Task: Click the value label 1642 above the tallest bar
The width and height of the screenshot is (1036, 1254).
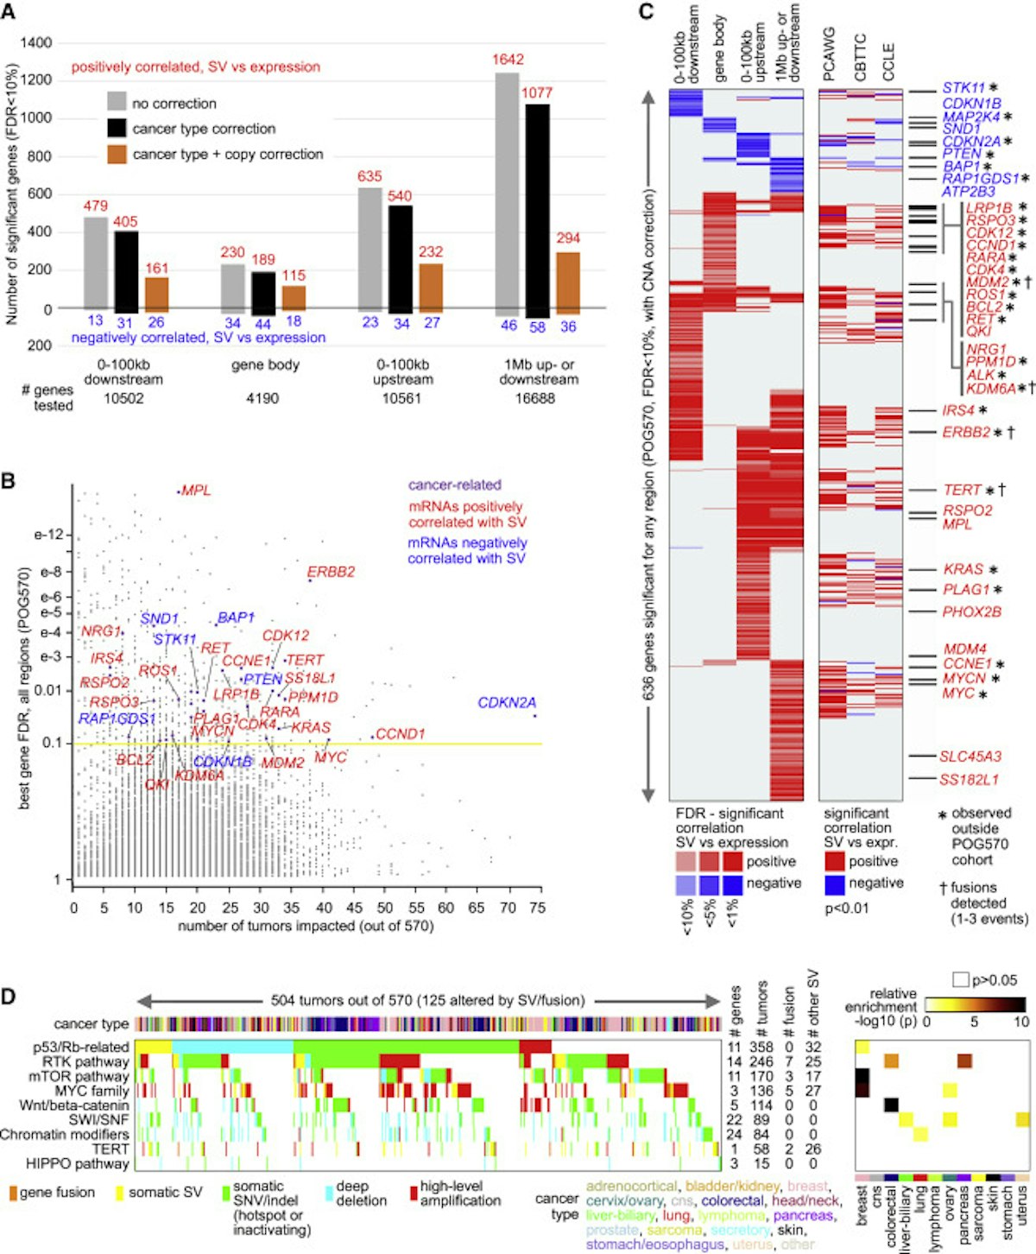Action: point(508,60)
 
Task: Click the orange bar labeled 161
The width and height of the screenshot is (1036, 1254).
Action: point(156,294)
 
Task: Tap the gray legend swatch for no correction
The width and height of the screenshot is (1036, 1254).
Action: point(117,103)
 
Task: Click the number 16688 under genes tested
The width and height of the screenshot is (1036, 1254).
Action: point(535,398)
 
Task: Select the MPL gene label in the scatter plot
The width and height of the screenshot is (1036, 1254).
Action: point(197,491)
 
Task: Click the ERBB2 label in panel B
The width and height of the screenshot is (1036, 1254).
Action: point(332,572)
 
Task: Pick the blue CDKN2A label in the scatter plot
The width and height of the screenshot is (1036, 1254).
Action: point(507,703)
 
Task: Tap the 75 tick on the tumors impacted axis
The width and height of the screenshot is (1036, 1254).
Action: point(537,909)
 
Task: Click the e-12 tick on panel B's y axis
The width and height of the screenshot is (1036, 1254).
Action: point(48,535)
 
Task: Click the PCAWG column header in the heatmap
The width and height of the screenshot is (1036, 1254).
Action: point(830,54)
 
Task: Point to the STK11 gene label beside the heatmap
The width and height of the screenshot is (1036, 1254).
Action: point(963,88)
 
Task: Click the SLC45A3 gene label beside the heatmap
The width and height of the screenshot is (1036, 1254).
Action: point(970,757)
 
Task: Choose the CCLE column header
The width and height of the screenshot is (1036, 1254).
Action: point(888,60)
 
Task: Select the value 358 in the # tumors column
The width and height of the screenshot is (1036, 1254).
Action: point(761,1048)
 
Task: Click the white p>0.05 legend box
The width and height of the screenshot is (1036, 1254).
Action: point(960,980)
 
